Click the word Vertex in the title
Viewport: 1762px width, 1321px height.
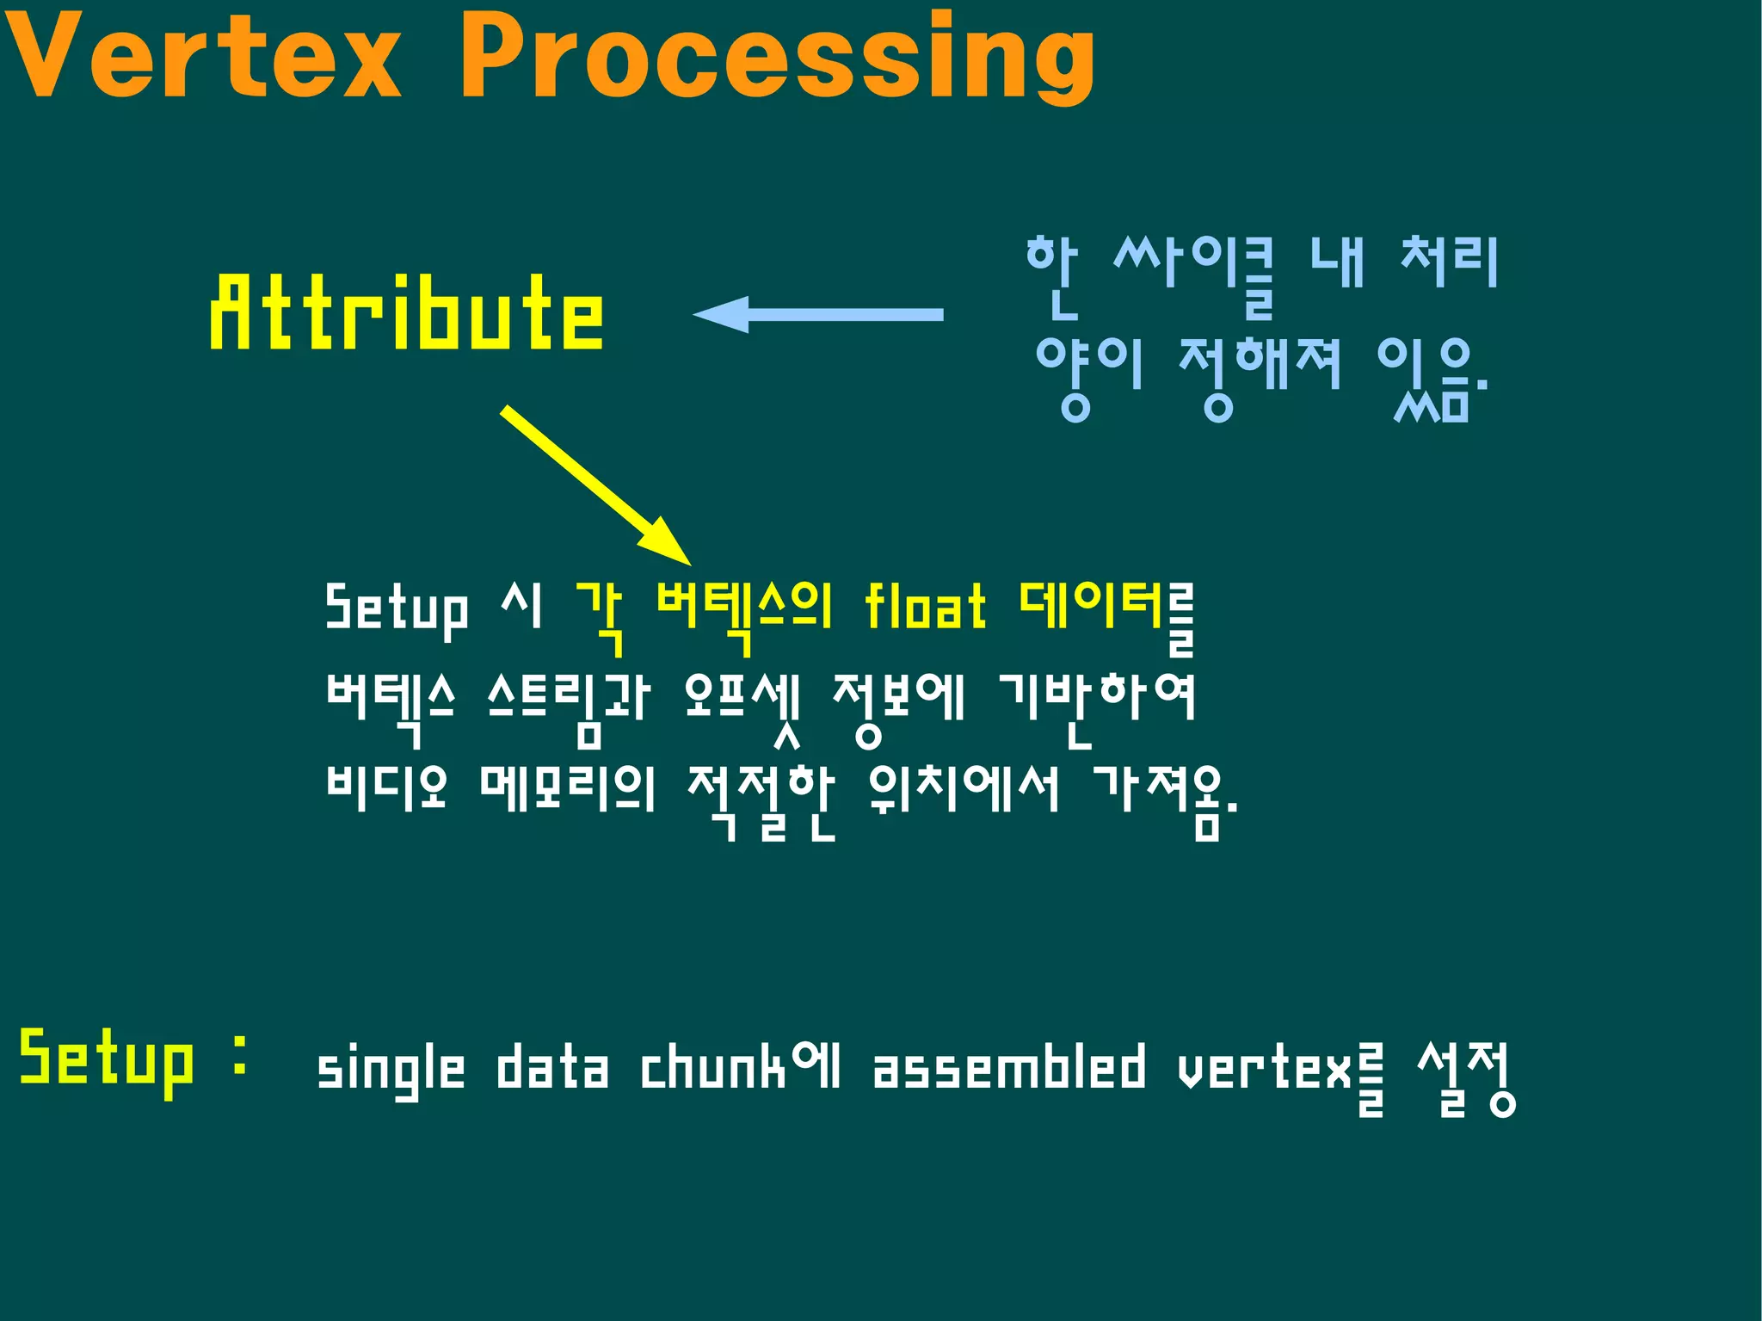(203, 59)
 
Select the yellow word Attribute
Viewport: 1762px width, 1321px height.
(406, 313)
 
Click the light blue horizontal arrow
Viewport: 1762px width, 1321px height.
(817, 315)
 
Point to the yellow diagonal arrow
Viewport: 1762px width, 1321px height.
(594, 484)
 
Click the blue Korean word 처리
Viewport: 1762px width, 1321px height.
(1450, 262)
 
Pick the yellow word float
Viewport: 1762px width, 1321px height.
(924, 606)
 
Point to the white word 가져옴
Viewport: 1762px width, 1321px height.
(1165, 795)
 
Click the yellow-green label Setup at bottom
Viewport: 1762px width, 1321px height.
(107, 1060)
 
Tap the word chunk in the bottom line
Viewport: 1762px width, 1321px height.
(712, 1069)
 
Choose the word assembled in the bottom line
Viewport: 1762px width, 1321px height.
(1009, 1069)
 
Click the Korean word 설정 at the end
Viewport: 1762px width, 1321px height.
(1466, 1076)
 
